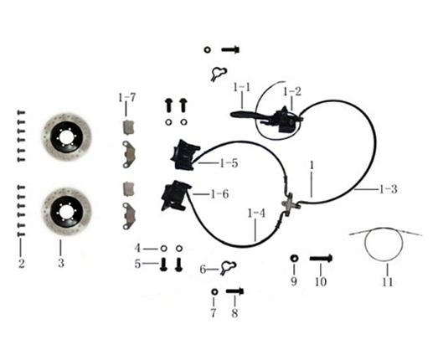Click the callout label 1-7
[x=126, y=98]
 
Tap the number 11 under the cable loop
[x=388, y=282]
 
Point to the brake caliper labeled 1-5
[x=184, y=154]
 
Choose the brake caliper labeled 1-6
[x=175, y=196]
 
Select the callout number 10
[x=321, y=281]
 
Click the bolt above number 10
[x=321, y=259]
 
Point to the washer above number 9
[x=294, y=259]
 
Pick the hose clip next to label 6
[x=228, y=268]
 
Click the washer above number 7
[x=214, y=291]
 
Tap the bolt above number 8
[x=235, y=291]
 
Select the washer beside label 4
[x=163, y=249]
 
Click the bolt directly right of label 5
[x=163, y=264]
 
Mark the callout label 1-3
[x=389, y=189]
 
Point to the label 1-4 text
[x=256, y=213]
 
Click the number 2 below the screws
[x=22, y=264]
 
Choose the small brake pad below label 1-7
[x=129, y=127]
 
